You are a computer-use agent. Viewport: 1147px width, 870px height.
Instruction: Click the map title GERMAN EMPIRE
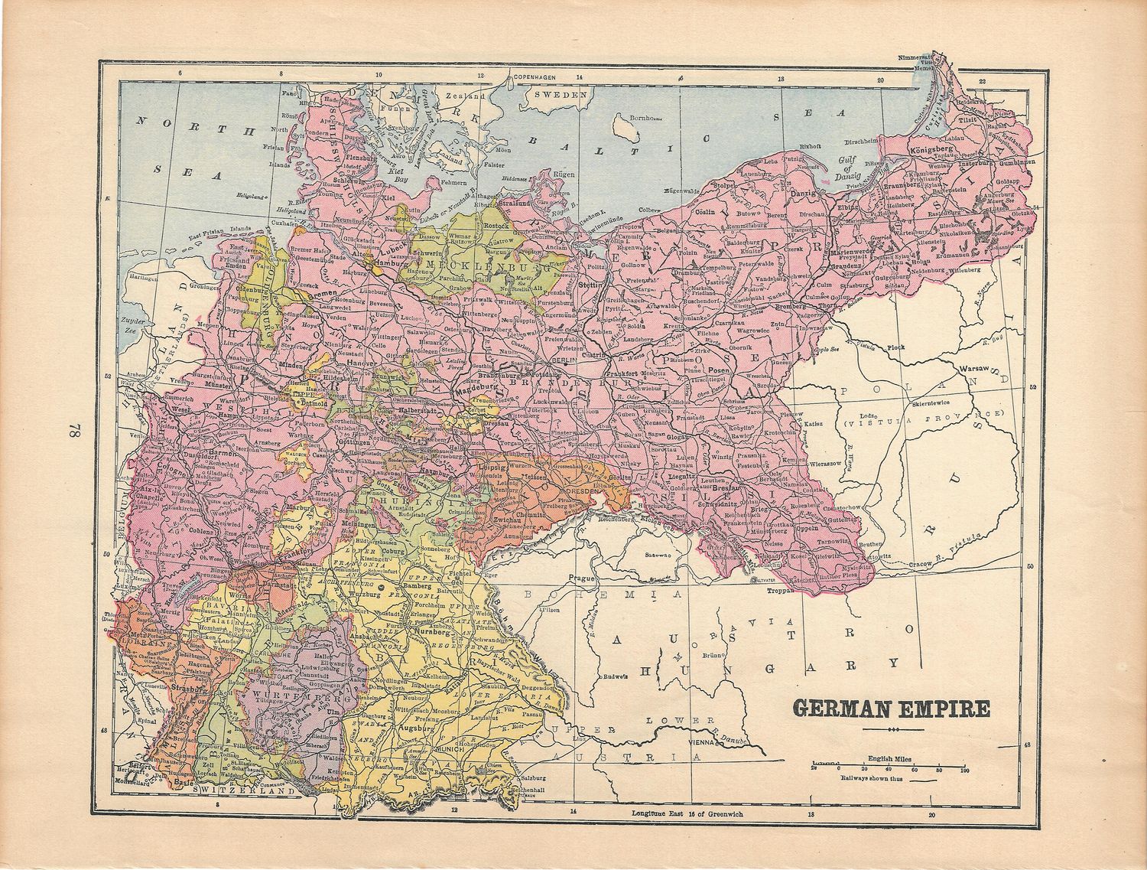pos(891,708)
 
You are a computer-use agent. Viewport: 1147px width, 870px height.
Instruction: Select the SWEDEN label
pos(561,94)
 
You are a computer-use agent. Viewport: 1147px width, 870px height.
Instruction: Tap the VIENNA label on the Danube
pos(703,741)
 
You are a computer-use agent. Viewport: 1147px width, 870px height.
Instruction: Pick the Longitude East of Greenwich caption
pos(687,814)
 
